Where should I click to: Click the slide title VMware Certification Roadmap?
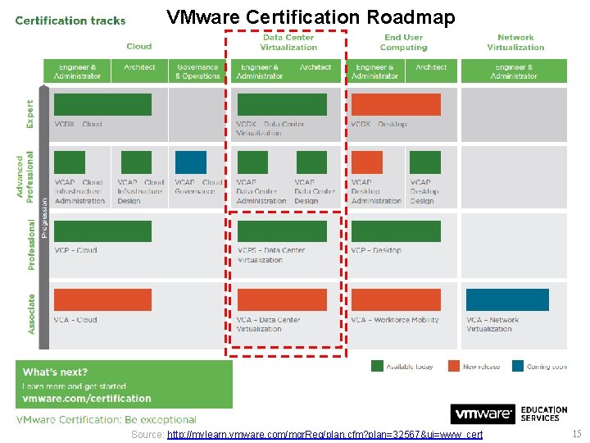click(311, 17)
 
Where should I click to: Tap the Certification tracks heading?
click(70, 21)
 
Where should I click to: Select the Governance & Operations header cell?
click(197, 71)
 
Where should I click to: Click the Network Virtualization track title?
click(515, 42)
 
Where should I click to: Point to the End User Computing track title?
click(403, 42)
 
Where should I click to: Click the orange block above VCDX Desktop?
click(396, 104)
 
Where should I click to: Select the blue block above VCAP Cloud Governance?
click(191, 162)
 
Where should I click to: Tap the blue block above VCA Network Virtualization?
click(507, 299)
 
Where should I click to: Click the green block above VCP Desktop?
click(396, 231)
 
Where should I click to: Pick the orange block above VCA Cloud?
click(102, 299)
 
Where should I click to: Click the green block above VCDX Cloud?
click(102, 104)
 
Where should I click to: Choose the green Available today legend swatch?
click(377, 366)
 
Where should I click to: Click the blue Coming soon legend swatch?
click(518, 366)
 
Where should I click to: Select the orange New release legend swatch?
click(453, 366)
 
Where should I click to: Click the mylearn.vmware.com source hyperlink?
click(324, 434)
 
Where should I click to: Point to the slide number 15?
click(577, 434)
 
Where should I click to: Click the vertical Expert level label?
click(31, 115)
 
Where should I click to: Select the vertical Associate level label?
click(31, 313)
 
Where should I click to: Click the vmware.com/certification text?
click(87, 399)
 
